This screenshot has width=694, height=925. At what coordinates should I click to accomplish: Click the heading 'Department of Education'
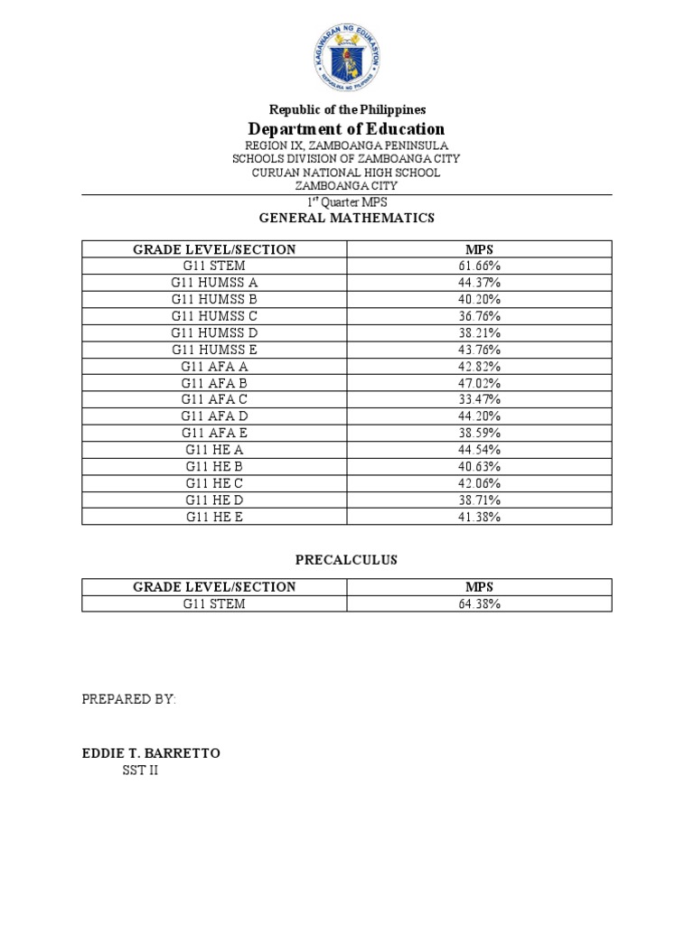pos(347,128)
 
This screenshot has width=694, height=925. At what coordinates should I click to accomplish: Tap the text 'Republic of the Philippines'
pos(347,109)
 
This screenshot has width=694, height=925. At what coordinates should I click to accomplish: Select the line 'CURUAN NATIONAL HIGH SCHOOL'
pos(347,172)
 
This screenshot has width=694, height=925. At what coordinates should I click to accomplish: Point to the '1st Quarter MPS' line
pos(347,202)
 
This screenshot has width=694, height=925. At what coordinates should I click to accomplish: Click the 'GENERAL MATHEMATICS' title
pos(347,218)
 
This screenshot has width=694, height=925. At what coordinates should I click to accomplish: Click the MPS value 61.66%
pos(480,266)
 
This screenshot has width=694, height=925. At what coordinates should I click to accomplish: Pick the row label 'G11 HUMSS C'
pos(215,316)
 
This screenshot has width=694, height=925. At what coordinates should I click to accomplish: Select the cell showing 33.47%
pos(480,399)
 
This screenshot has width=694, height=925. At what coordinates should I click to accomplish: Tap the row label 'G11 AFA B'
pos(215,383)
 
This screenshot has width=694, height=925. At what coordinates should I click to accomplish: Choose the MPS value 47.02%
pos(480,383)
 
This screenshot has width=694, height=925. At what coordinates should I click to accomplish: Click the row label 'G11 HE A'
pos(215,450)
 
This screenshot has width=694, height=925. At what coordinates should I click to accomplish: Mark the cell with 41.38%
pos(480,517)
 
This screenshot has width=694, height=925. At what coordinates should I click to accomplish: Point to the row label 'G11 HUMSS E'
pos(215,350)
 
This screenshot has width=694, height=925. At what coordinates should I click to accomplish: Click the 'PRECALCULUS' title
pos(347,560)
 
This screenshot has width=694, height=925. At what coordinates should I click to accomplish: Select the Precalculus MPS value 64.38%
pos(480,603)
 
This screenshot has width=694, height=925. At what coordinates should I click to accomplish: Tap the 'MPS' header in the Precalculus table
pos(480,587)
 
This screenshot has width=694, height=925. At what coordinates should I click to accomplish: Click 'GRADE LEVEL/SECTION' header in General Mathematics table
pos(215,249)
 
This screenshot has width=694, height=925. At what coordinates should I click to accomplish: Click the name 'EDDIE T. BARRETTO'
pos(151,753)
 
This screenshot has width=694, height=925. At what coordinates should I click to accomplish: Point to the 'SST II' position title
pos(140,771)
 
